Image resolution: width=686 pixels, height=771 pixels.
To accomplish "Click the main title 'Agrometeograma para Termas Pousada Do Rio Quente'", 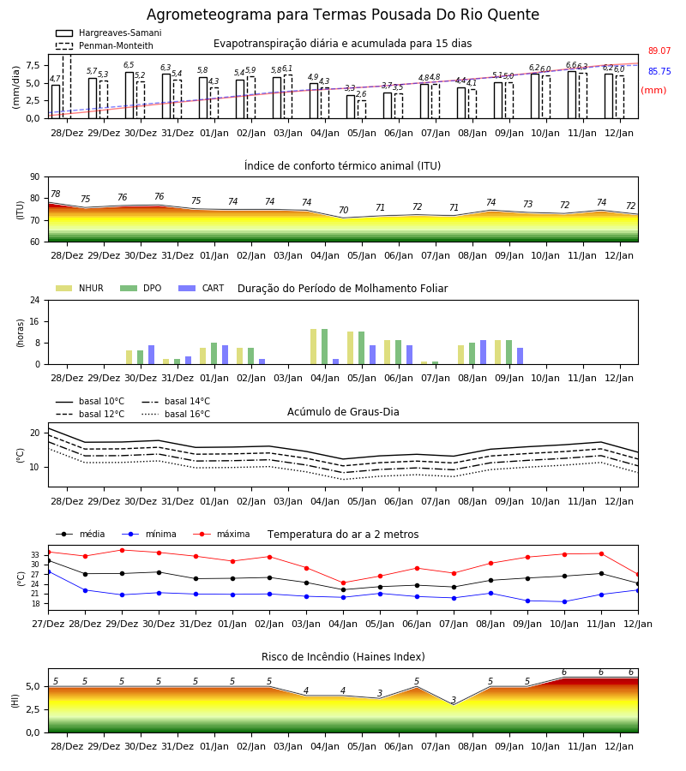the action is pyautogui.click(x=342, y=15).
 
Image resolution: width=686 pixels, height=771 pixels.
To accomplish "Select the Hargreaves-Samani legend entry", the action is pyautogui.click(x=108, y=33).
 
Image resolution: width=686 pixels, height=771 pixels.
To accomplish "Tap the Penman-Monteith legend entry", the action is pyautogui.click(x=105, y=45).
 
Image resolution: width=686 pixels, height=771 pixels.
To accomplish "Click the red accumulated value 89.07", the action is pyautogui.click(x=659, y=51).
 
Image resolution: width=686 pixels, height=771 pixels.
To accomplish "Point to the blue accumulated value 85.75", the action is pyautogui.click(x=659, y=71).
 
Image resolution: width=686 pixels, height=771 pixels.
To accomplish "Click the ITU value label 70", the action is pyautogui.click(x=344, y=210).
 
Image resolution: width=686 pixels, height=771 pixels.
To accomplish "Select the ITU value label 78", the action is pyautogui.click(x=56, y=194).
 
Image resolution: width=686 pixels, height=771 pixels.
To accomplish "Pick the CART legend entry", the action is pyautogui.click(x=202, y=288).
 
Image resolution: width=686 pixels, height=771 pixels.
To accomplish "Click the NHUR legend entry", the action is pyautogui.click(x=80, y=288).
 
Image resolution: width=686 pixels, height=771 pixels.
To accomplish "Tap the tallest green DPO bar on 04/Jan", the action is pyautogui.click(x=325, y=347).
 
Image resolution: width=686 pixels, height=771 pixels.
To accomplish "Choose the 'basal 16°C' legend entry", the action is pyautogui.click(x=176, y=414).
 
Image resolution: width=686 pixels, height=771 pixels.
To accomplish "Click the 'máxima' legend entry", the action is pyautogui.click(x=221, y=534).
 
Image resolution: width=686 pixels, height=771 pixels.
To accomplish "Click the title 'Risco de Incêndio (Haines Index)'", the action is pyautogui.click(x=343, y=657).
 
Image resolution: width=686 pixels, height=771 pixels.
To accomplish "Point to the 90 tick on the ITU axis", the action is pyautogui.click(x=35, y=177).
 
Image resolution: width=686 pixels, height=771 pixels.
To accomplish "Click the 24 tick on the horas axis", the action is pyautogui.click(x=35, y=300).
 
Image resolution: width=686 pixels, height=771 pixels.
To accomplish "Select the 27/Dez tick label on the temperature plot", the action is pyautogui.click(x=48, y=624).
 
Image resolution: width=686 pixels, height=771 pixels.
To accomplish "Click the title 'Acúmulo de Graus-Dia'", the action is pyautogui.click(x=343, y=412).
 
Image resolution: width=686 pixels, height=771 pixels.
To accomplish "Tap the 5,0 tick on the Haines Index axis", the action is pyautogui.click(x=33, y=686).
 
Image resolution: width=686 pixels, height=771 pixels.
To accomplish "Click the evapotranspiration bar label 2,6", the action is pyautogui.click(x=361, y=94).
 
